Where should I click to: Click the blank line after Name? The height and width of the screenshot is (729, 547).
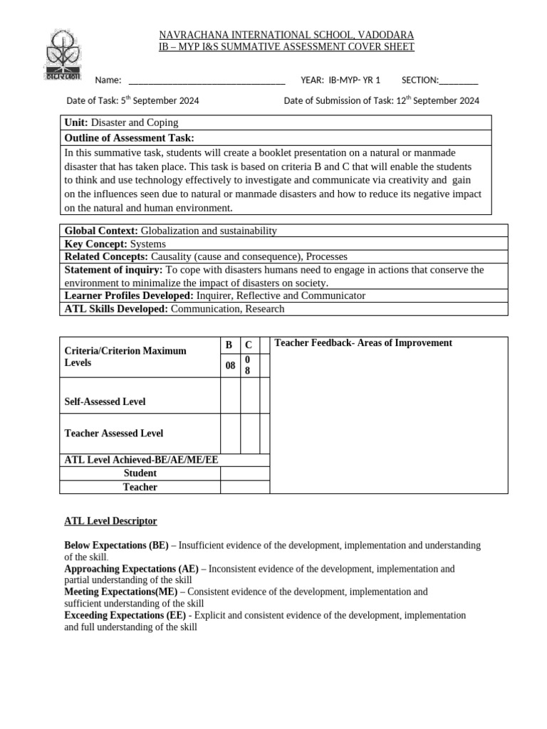(207, 80)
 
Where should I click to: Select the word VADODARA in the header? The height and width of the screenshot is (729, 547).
(385, 35)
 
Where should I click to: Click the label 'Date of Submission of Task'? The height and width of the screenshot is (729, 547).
(338, 101)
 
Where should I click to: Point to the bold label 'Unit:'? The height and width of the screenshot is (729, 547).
(76, 123)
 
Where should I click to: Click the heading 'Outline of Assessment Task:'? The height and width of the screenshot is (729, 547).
(129, 138)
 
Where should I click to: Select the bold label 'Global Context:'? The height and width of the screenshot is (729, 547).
(102, 231)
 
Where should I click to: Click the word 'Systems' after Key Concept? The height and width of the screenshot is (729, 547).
(148, 243)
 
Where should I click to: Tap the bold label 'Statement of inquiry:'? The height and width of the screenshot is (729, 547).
(114, 270)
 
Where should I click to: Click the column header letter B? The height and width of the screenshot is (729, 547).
(229, 345)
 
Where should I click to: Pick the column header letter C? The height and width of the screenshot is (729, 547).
(248, 345)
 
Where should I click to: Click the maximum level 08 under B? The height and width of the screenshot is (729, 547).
(229, 366)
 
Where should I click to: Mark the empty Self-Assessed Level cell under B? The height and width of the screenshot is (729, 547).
(229, 396)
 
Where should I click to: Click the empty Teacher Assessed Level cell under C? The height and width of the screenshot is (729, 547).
(249, 433)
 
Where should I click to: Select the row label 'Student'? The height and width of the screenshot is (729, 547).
(140, 473)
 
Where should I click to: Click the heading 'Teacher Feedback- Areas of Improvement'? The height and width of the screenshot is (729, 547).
(363, 343)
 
